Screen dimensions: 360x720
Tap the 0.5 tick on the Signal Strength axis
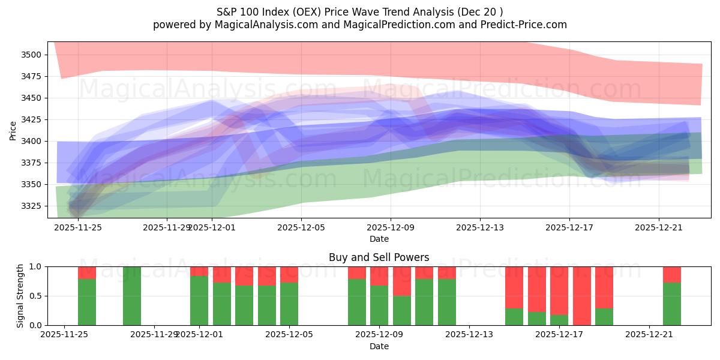click(x=36, y=296)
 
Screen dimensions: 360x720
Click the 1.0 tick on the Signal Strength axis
click(x=36, y=266)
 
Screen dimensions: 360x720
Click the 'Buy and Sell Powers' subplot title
click(x=379, y=257)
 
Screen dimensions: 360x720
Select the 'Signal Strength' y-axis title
click(x=20, y=296)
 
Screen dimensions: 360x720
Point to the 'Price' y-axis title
click(x=13, y=130)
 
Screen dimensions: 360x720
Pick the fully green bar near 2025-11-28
click(x=132, y=296)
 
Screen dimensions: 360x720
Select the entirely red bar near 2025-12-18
click(x=582, y=296)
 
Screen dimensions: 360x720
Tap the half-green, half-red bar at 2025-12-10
click(x=402, y=296)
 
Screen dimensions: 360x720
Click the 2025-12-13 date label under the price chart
click(x=480, y=227)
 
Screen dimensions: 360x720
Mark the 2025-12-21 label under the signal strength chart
click(x=650, y=335)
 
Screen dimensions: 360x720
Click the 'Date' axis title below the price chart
click(x=379, y=239)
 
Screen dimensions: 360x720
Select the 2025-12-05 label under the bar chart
click(x=290, y=335)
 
